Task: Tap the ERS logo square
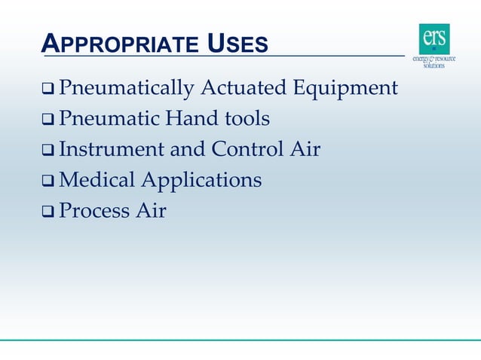[434, 38]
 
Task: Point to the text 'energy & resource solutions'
[434, 61]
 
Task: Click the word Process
[94, 211]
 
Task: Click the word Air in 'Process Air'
[151, 211]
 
